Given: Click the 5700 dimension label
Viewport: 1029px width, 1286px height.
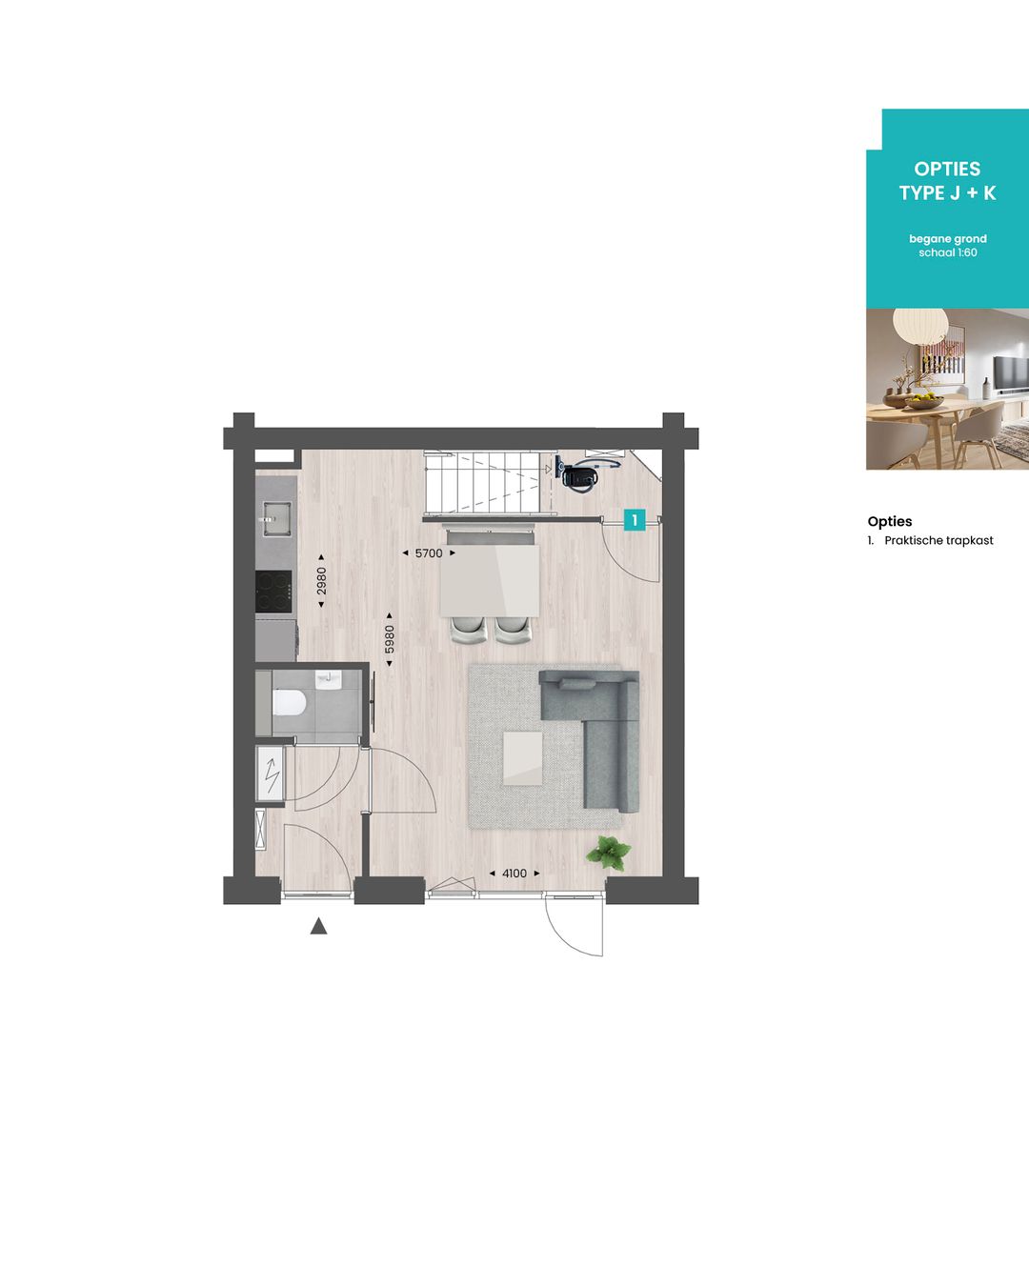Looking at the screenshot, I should pyautogui.click(x=429, y=553).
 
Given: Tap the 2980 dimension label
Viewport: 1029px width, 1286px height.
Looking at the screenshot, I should pyautogui.click(x=321, y=581).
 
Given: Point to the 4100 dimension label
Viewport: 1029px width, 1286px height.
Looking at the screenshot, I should pyautogui.click(x=514, y=874).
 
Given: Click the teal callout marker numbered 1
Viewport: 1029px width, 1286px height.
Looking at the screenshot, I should pyautogui.click(x=634, y=520).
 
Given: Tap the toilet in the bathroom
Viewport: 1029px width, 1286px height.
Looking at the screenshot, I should pyautogui.click(x=288, y=703).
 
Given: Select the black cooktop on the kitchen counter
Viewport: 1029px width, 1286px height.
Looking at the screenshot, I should pyautogui.click(x=274, y=593).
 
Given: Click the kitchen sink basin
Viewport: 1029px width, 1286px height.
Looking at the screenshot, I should pyautogui.click(x=275, y=519).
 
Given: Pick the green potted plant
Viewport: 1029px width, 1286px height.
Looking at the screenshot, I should pyautogui.click(x=608, y=851).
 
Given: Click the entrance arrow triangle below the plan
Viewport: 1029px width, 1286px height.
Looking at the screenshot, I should pyautogui.click(x=318, y=926).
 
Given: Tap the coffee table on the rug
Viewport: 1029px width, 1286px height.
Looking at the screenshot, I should pyautogui.click(x=522, y=757).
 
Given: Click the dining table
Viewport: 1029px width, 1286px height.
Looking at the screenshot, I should pyautogui.click(x=490, y=580).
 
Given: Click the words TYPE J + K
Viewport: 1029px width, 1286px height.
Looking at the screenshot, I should pyautogui.click(x=947, y=193).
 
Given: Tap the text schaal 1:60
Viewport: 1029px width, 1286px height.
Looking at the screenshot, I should pyautogui.click(x=947, y=253).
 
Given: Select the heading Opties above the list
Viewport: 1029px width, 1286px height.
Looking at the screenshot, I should pyautogui.click(x=890, y=521).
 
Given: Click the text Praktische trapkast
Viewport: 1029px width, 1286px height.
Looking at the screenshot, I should pyautogui.click(x=938, y=541).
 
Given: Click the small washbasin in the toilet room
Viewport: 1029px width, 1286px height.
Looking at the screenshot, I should pyautogui.click(x=327, y=678).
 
